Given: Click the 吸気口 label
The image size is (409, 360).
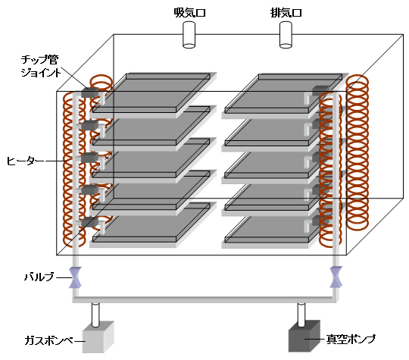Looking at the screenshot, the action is (189, 13).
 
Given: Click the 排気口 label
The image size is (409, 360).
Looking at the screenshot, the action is (286, 13).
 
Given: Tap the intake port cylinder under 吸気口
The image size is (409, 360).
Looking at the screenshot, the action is (189, 35).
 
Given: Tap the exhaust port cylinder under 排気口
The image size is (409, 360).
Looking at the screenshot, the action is (286, 35).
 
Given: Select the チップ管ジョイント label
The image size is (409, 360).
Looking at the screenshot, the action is (40, 66).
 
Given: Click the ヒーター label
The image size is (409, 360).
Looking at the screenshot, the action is (25, 161).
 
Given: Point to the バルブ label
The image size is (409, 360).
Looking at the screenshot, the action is (39, 277).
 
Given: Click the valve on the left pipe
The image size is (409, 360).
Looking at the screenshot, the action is (76, 277).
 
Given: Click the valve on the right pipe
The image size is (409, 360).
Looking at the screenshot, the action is (336, 277).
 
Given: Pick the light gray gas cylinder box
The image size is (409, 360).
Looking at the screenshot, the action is (98, 337).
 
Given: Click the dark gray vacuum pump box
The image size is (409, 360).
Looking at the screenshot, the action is (304, 337).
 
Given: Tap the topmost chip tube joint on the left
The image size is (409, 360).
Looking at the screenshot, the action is (89, 92).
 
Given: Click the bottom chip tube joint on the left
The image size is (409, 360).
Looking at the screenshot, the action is (89, 222).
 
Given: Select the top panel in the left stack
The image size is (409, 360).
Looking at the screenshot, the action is (151, 93).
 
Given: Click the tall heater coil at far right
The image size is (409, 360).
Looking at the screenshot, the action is (357, 153).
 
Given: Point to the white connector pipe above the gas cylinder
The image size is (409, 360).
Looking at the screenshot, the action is (95, 315).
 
